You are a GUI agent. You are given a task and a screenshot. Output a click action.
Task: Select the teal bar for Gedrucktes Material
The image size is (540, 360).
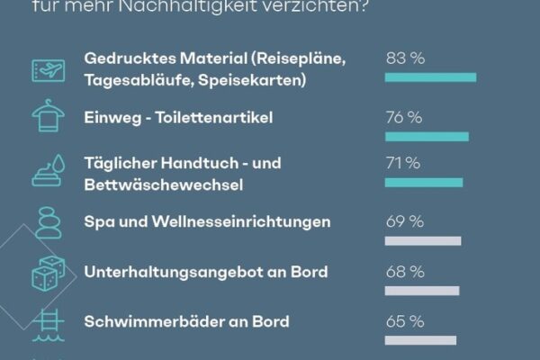430,77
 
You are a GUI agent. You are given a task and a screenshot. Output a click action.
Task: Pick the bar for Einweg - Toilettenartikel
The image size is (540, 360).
427,137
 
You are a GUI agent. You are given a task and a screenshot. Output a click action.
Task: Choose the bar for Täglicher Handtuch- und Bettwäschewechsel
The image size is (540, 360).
424,182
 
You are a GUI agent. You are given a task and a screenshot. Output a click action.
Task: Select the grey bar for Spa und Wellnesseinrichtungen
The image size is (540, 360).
423,240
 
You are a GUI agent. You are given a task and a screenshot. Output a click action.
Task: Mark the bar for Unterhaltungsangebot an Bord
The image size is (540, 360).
422,290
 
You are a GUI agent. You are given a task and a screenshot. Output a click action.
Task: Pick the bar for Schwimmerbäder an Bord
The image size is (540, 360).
420,339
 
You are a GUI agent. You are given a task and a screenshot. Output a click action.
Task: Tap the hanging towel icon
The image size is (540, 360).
47,118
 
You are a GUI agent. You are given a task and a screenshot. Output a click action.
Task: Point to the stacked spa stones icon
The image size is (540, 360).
47,221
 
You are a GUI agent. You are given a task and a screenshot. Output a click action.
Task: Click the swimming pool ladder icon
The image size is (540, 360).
47,325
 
